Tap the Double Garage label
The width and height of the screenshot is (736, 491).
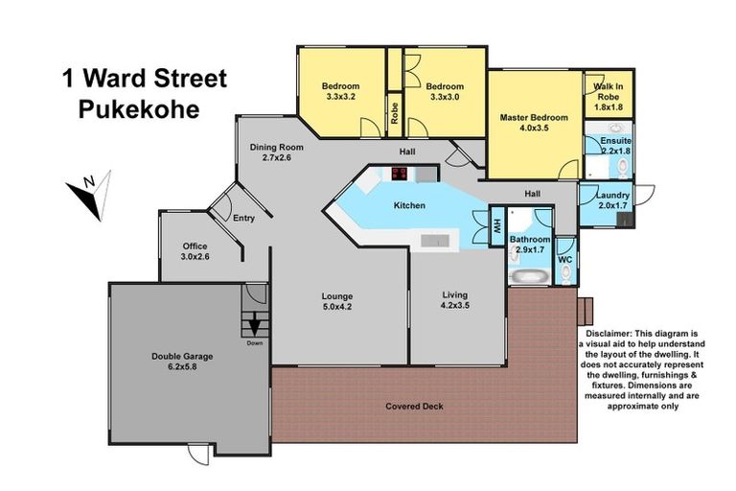(182, 362)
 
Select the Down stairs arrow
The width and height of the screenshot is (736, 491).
(255, 325)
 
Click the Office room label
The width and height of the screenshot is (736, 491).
(195, 251)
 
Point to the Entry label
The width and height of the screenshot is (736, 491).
(244, 219)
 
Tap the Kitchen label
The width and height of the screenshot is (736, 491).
(409, 205)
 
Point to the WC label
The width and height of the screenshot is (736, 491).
(565, 258)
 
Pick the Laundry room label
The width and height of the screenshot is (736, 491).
(613, 199)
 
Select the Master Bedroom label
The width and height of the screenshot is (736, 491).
(534, 123)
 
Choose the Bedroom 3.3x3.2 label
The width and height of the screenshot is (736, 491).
(341, 91)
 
